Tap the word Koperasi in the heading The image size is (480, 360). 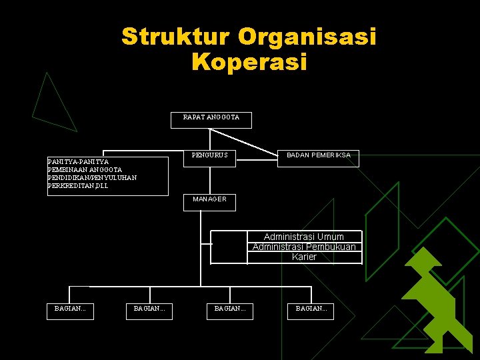pyautogui.click(x=249, y=62)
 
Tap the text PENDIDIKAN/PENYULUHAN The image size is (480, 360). pyautogui.click(x=92, y=177)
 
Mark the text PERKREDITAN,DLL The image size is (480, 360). pyautogui.click(x=77, y=186)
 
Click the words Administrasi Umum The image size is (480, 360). pyautogui.click(x=304, y=237)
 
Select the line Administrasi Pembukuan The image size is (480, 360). pyautogui.click(x=304, y=247)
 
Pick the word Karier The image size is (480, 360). pyautogui.click(x=304, y=257)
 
